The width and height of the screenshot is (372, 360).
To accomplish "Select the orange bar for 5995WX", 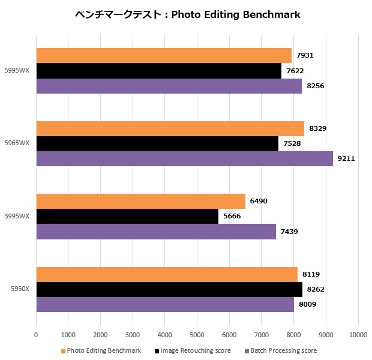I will (164, 56).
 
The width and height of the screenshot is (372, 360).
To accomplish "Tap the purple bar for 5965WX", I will (184, 158).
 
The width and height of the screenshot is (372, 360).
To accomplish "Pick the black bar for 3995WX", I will (127, 217).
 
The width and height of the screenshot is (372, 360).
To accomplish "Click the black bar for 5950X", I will (169, 290).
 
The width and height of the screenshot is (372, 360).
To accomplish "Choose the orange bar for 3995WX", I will (140, 202).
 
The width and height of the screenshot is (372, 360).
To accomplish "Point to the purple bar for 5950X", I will (165, 304).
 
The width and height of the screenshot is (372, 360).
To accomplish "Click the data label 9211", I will (346, 158).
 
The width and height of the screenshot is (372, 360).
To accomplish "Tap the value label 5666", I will (232, 217).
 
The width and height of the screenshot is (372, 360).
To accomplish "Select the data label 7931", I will (305, 56).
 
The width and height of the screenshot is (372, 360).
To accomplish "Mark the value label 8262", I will (316, 290).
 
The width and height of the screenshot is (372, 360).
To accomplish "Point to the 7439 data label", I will (289, 232).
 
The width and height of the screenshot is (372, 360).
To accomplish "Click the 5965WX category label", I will (17, 143).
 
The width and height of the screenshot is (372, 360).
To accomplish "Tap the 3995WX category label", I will (17, 217).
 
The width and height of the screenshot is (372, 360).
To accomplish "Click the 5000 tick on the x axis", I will (197, 334).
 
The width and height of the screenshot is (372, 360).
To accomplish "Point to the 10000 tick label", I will (358, 334).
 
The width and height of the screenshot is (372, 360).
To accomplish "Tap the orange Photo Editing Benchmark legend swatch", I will (63, 351).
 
